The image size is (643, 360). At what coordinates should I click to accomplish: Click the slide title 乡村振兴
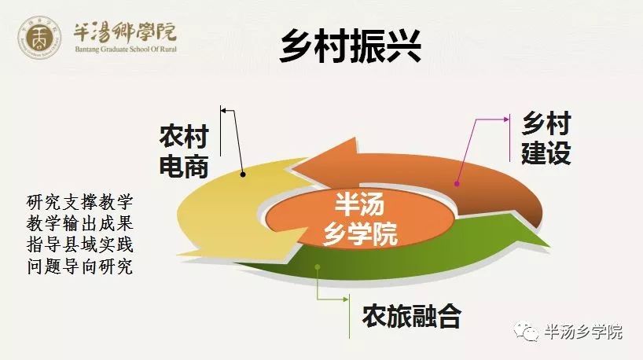pos(351,46)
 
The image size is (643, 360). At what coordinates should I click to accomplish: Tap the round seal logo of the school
pos(39,37)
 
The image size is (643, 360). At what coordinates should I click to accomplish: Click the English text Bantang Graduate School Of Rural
pos(126,50)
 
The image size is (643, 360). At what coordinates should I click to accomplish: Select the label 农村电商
pos(184,151)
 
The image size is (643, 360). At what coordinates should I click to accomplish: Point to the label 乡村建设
pos(546,138)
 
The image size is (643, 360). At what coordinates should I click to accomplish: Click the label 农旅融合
pos(412,316)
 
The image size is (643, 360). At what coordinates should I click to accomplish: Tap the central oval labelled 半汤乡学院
pos(360,219)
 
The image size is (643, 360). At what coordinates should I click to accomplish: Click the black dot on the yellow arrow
pos(243,174)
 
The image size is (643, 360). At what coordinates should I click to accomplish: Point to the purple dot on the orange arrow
pos(457,184)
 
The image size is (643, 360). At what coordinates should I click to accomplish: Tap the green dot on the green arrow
pos(317,267)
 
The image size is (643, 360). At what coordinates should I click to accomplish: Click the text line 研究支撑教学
pos(80,202)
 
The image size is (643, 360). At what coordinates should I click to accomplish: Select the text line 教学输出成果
pos(80,224)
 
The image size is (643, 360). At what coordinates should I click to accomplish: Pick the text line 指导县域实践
pos(80,245)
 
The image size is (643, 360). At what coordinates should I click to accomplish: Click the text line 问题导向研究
pos(80,267)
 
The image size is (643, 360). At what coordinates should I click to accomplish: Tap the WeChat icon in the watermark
pos(525,331)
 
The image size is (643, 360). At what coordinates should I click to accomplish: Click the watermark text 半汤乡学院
pos(583,331)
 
